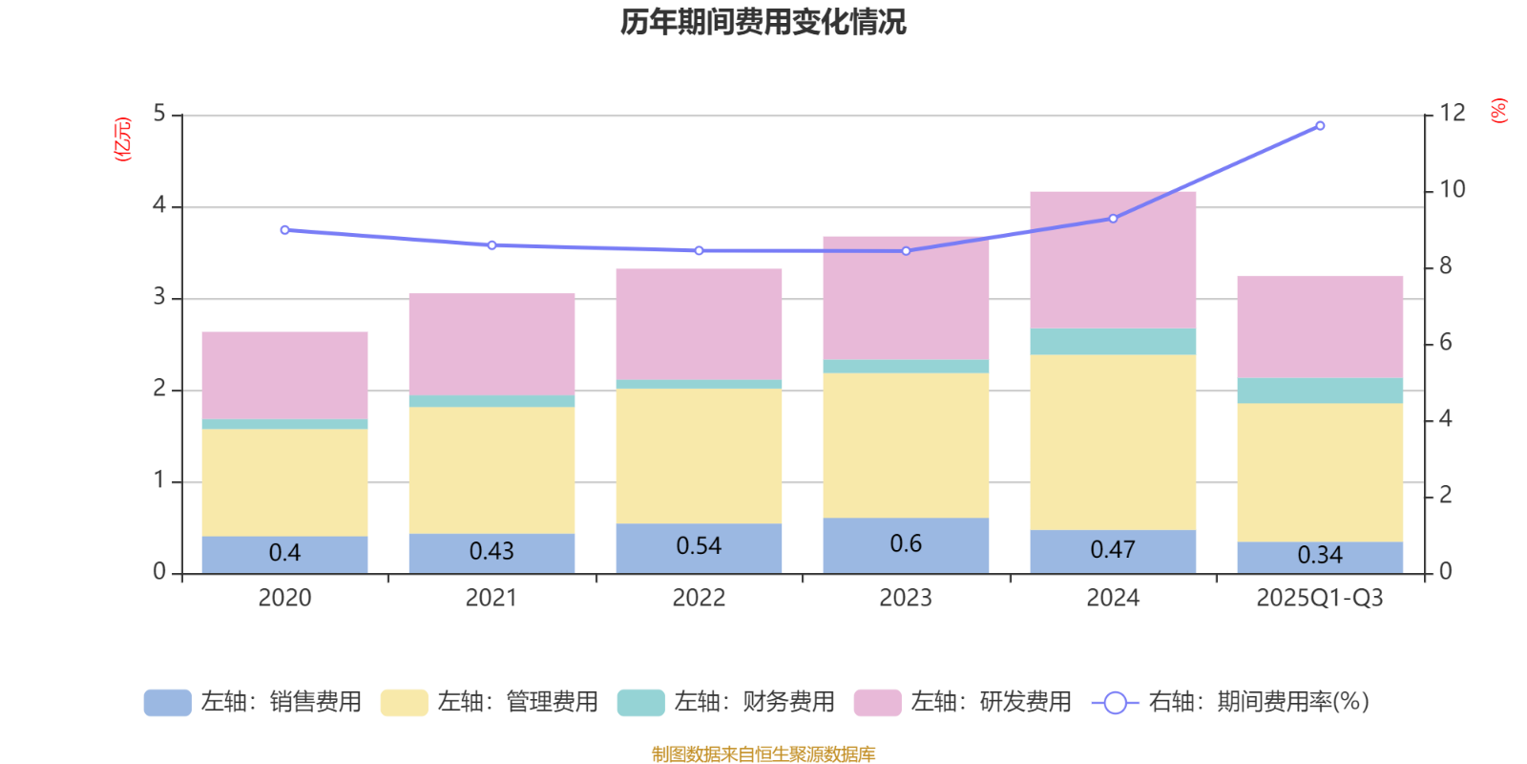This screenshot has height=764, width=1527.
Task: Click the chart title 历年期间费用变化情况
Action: [763, 21]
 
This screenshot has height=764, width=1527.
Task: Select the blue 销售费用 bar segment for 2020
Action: [284, 554]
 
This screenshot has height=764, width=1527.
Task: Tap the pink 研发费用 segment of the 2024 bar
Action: [1113, 260]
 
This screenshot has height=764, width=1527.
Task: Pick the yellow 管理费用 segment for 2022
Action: [699, 456]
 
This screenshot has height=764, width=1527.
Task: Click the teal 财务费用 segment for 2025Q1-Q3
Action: [1320, 391]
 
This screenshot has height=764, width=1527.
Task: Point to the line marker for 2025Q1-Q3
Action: [1320, 125]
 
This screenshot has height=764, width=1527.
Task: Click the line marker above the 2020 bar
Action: [284, 230]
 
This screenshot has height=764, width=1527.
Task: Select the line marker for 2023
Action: [906, 251]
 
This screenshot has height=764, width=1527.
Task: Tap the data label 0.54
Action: [699, 546]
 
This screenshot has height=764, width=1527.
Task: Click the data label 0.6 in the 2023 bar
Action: [906, 543]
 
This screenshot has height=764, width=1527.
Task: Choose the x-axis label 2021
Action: [492, 599]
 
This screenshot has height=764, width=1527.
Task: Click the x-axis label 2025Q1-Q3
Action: [1320, 599]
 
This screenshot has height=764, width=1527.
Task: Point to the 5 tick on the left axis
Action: [159, 115]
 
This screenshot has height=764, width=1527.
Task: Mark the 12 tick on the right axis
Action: [1452, 113]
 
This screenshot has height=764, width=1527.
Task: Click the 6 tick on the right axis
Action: [1445, 343]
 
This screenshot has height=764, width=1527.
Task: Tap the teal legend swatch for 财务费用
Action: [640, 703]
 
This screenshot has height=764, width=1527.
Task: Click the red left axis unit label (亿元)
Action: [122, 139]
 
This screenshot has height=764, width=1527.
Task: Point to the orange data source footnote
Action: [763, 754]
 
